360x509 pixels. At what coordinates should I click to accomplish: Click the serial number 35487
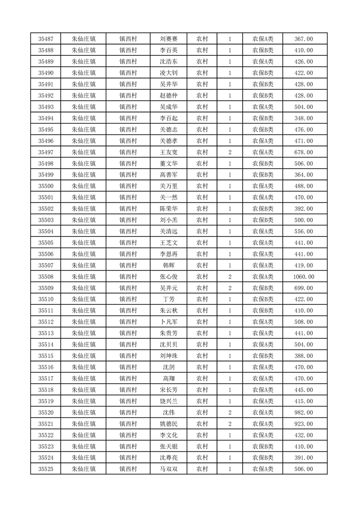(x=46, y=39)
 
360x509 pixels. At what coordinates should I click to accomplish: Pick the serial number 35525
(x=46, y=469)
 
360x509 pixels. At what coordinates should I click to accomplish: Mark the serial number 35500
(x=46, y=186)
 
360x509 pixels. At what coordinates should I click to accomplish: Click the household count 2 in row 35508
(x=230, y=277)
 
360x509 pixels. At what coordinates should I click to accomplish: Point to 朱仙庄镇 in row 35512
(x=84, y=322)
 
